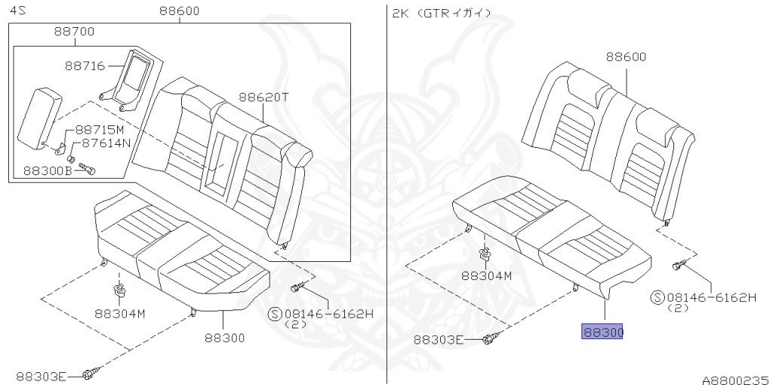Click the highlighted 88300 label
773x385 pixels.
[602, 332]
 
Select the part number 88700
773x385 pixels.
[75, 32]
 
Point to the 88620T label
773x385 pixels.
[264, 97]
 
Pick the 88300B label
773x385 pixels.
[48, 171]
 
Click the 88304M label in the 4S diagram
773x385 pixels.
[119, 313]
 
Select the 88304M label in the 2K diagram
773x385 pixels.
[487, 276]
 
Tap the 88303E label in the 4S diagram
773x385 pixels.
[41, 376]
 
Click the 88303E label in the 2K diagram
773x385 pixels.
[439, 340]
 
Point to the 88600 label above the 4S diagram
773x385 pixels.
[180, 11]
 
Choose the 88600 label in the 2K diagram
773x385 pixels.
[625, 57]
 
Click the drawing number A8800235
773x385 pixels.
[734, 380]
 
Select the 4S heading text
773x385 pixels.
[17, 13]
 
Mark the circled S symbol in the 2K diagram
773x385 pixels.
[658, 297]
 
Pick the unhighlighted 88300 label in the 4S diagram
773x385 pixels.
[224, 338]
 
